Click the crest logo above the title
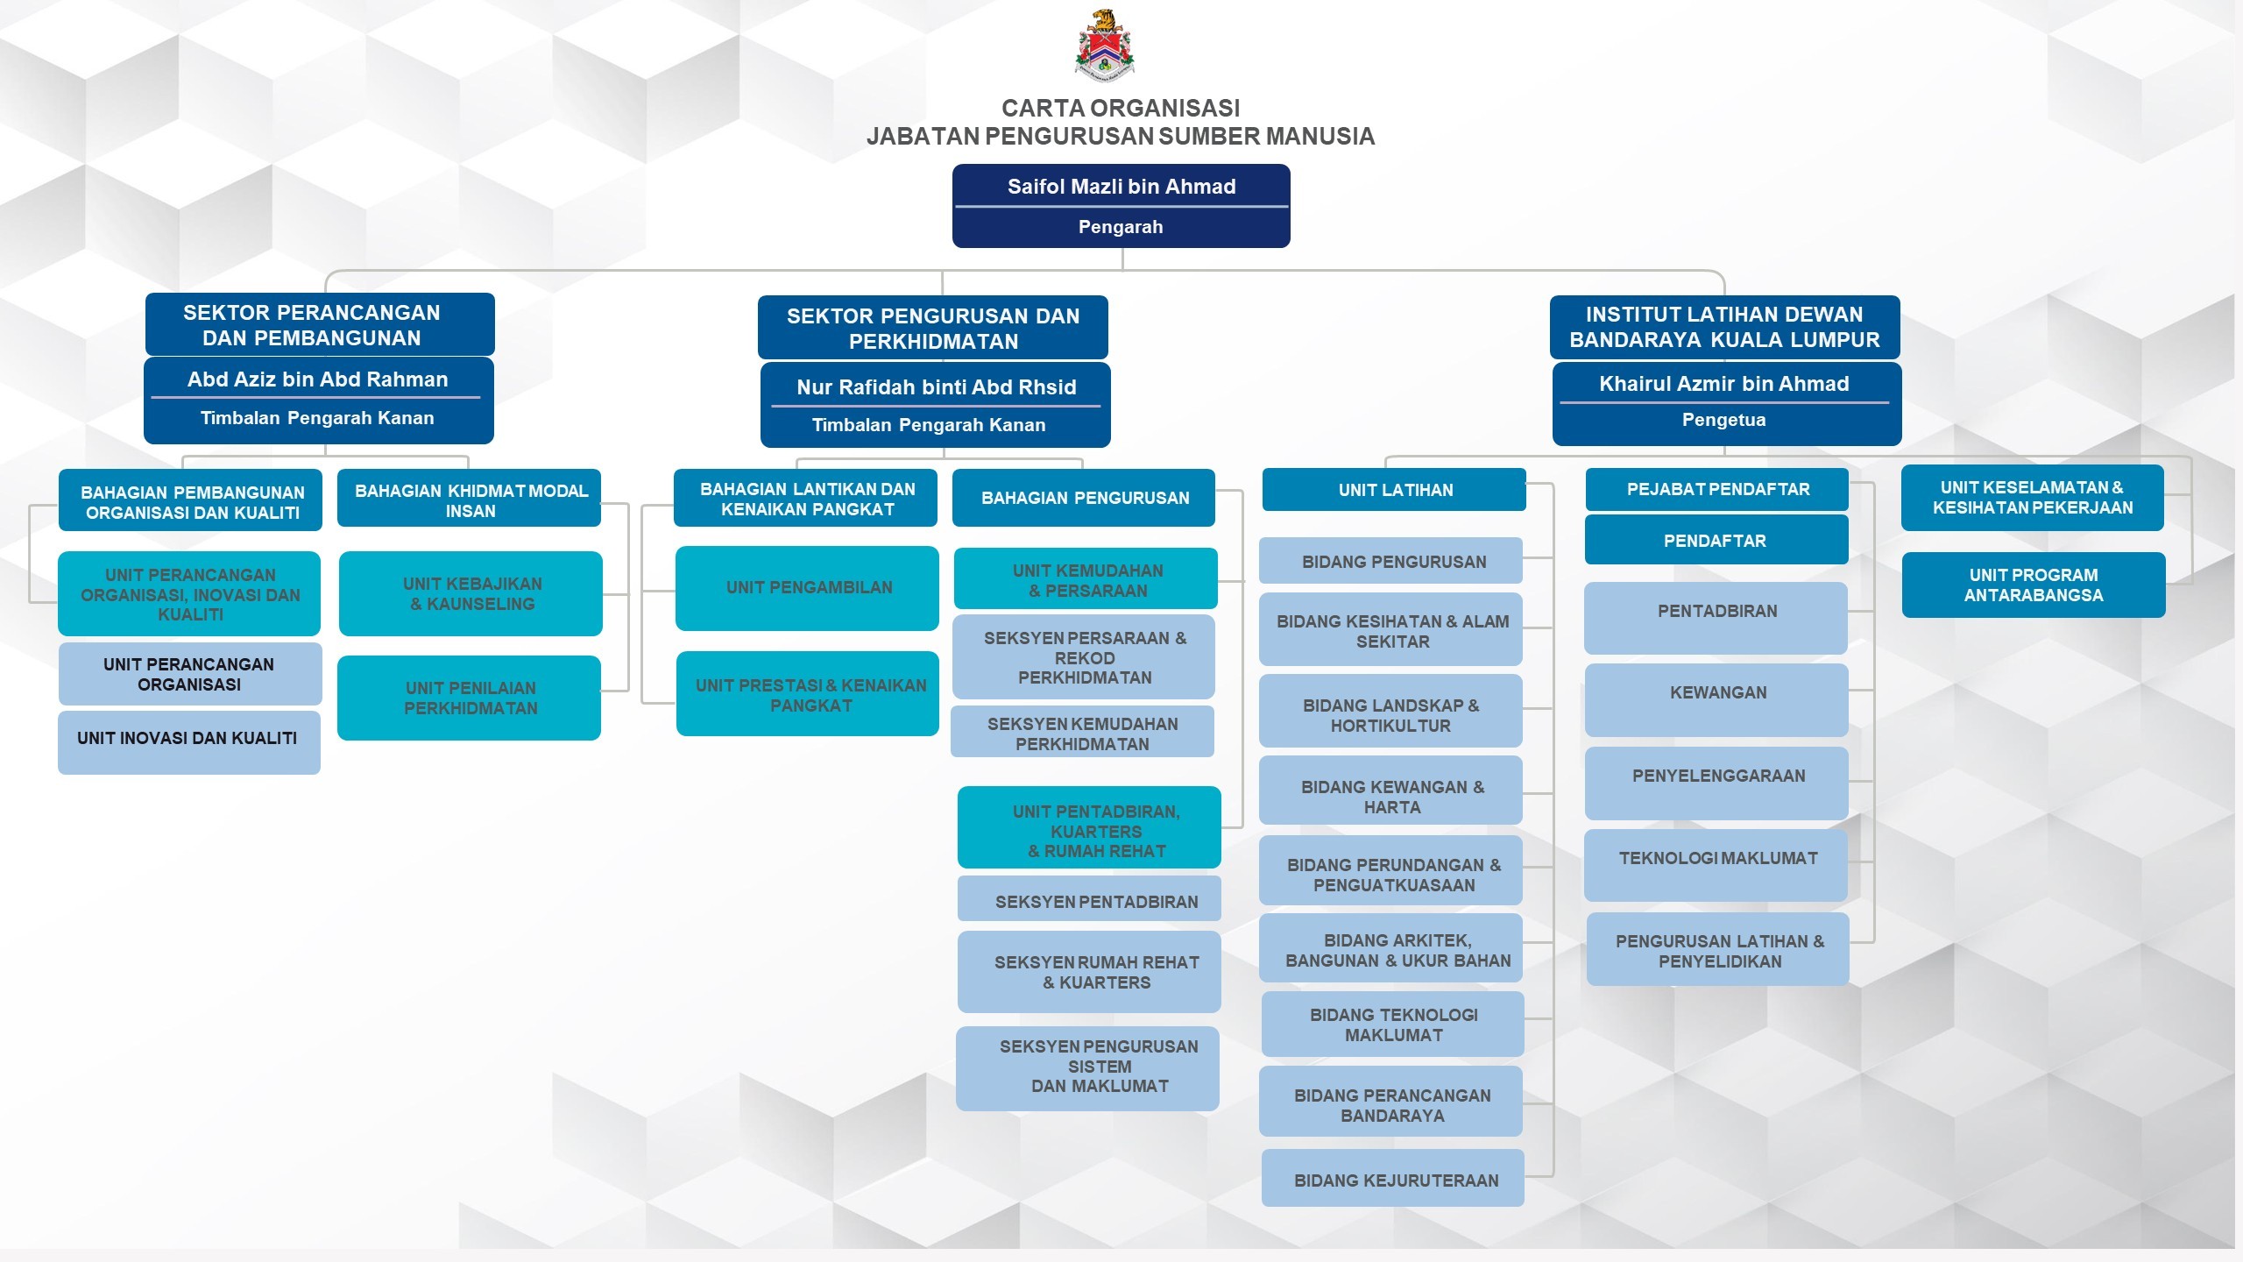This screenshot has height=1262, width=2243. click(1104, 46)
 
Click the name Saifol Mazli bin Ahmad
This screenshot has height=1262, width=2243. click(1121, 187)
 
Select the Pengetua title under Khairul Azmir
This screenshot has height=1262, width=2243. click(1723, 420)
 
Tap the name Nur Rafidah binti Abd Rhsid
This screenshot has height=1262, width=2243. click(936, 387)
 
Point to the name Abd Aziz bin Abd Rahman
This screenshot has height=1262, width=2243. click(317, 379)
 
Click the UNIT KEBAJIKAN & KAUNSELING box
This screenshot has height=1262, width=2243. click(471, 593)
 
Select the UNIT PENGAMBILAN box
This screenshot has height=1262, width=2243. click(808, 588)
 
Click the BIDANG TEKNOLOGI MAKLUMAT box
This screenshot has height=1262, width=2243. click(1393, 1024)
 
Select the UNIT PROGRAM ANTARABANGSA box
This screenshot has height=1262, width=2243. click(2033, 585)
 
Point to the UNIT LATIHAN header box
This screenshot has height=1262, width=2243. click(1394, 490)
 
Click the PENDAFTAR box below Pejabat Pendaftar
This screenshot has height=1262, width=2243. click(1716, 541)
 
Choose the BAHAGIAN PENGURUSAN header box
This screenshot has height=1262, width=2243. click(1084, 498)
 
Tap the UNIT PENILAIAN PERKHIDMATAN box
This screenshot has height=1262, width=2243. click(470, 698)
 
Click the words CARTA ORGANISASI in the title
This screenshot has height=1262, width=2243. click(1120, 108)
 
